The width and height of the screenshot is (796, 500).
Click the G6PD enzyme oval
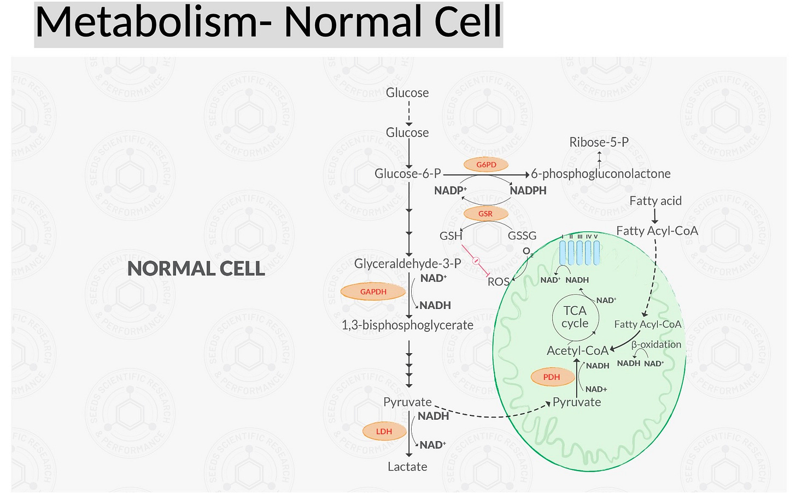pyautogui.click(x=486, y=164)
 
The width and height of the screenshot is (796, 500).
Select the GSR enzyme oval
pyautogui.click(x=485, y=213)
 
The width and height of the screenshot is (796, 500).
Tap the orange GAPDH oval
pyautogui.click(x=373, y=292)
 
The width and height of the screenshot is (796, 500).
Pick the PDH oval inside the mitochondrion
pyautogui.click(x=552, y=377)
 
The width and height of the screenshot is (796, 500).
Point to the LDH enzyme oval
pyautogui.click(x=384, y=431)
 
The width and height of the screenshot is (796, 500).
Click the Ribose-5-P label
pyautogui.click(x=599, y=142)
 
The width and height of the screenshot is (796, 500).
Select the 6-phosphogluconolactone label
pyautogui.click(x=601, y=174)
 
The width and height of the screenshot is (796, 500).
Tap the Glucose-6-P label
pyautogui.click(x=408, y=174)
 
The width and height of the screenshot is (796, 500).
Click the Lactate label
pyautogui.click(x=407, y=467)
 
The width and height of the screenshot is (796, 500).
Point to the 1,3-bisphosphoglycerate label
pyautogui.click(x=407, y=325)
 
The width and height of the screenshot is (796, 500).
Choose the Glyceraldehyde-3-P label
pyautogui.click(x=407, y=264)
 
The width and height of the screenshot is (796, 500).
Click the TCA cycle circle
pyautogui.click(x=575, y=317)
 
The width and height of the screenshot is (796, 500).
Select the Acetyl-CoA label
pyautogui.click(x=577, y=350)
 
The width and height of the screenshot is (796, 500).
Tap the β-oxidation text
pyautogui.click(x=656, y=344)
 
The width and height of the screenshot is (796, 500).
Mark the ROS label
pyautogui.click(x=498, y=282)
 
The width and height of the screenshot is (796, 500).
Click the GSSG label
pyautogui.click(x=522, y=236)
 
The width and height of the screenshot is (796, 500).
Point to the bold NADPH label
pyautogui.click(x=528, y=191)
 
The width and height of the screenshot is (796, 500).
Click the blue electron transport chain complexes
pyautogui.click(x=579, y=252)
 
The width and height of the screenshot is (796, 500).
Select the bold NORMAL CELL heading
pyautogui.click(x=196, y=269)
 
